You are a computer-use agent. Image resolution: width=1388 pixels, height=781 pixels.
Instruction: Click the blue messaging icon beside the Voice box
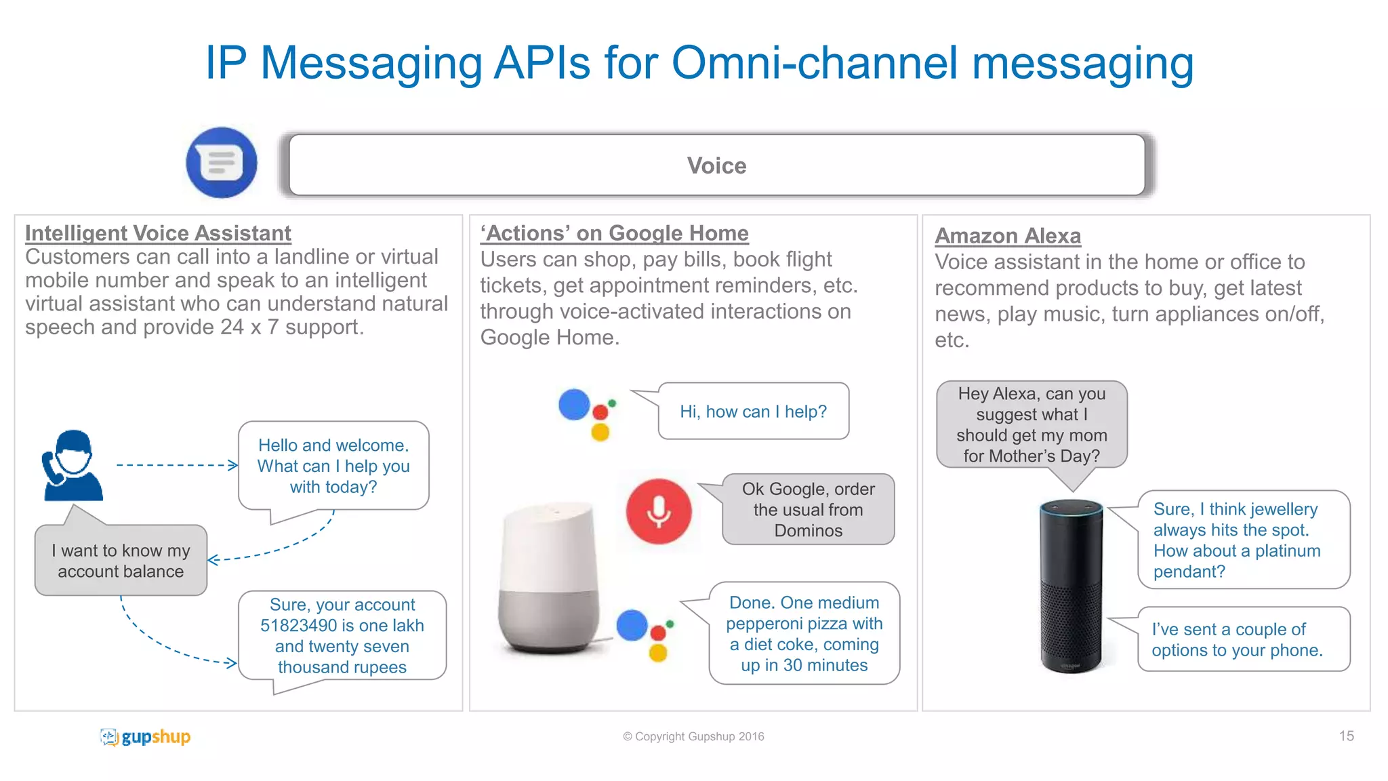(x=222, y=163)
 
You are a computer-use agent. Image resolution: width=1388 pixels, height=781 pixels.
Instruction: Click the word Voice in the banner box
(x=716, y=165)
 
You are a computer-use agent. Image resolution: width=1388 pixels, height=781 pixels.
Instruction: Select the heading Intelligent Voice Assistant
(x=158, y=233)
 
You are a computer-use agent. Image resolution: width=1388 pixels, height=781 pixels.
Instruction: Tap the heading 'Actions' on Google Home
(x=614, y=233)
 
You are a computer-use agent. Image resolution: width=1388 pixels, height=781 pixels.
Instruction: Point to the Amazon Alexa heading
(x=1008, y=235)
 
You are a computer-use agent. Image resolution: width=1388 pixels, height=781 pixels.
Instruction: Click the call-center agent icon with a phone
(x=73, y=466)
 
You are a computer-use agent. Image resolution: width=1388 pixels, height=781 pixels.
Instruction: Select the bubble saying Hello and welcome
(x=333, y=466)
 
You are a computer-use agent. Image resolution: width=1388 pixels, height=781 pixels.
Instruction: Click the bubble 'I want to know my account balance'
(x=121, y=561)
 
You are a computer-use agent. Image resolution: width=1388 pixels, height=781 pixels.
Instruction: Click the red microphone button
(x=658, y=511)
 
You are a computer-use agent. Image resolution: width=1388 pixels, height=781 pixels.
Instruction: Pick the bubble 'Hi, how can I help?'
(x=753, y=412)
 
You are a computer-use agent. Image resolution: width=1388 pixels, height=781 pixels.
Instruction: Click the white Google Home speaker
(x=549, y=580)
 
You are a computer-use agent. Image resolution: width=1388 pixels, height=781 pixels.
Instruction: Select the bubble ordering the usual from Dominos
(x=808, y=509)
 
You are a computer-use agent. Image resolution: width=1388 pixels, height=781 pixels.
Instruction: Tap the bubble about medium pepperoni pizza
(x=804, y=633)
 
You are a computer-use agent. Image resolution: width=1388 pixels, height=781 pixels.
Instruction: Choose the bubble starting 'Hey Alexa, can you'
(x=1031, y=424)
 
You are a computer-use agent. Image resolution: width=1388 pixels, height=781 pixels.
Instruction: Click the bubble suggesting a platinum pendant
(x=1243, y=540)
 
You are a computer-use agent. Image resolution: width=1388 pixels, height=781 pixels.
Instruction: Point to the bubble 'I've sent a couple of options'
(x=1243, y=639)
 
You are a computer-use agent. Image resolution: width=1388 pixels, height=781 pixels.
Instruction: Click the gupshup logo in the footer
(x=145, y=736)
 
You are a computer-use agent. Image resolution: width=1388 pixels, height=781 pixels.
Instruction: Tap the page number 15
(x=1346, y=736)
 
